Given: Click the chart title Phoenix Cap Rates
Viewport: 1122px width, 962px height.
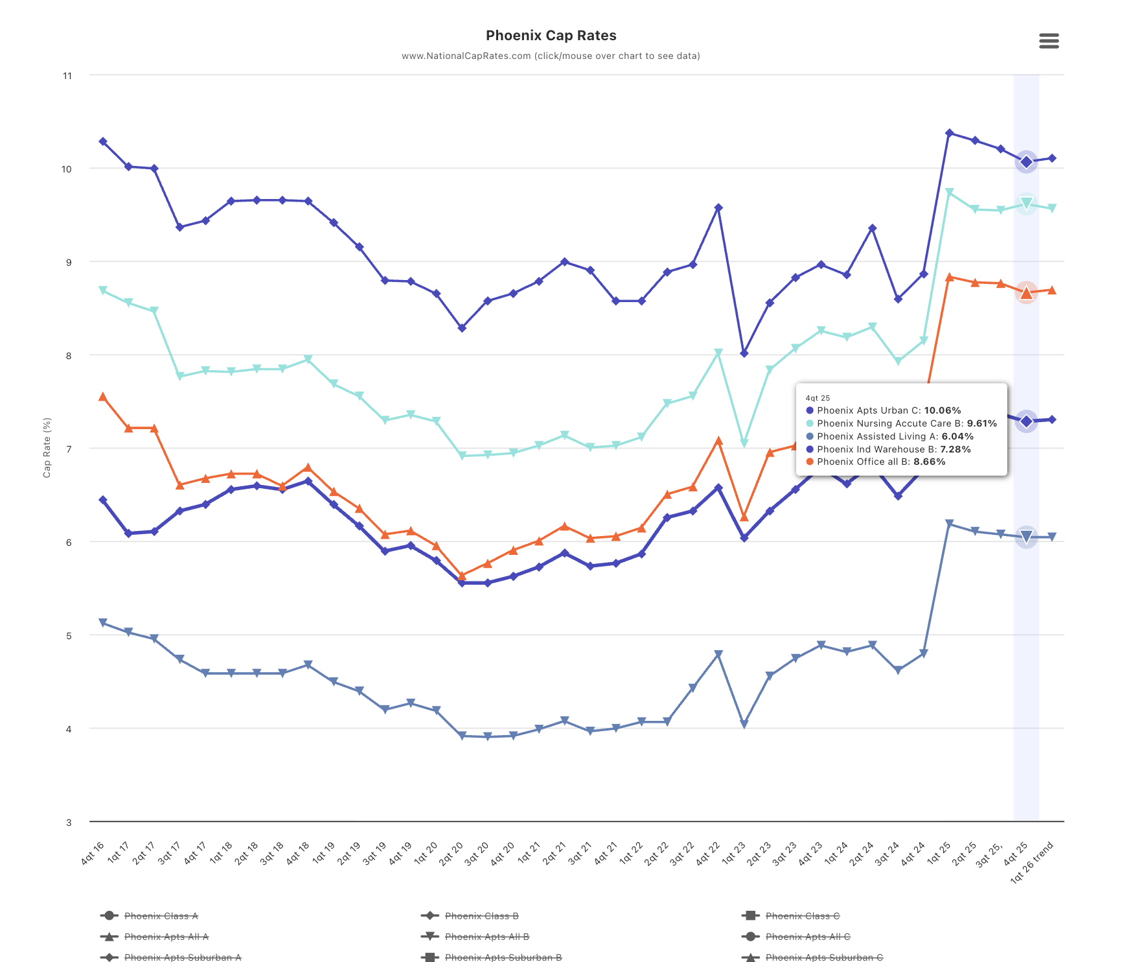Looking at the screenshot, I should (x=551, y=36).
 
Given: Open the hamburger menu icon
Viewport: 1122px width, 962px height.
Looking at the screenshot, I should (x=1049, y=41).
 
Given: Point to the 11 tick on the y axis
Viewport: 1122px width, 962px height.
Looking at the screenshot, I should (x=67, y=76).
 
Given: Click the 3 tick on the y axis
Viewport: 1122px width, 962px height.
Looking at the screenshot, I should (x=68, y=823).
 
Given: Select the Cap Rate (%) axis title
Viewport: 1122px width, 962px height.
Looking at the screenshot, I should (x=47, y=448).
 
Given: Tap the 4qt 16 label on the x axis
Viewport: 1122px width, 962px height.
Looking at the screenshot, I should (x=93, y=852).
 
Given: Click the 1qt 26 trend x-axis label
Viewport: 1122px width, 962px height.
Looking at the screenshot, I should (x=1033, y=862).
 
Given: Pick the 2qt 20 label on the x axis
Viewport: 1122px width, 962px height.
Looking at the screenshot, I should (x=451, y=853).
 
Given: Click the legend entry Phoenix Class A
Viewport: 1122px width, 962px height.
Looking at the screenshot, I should (x=161, y=916).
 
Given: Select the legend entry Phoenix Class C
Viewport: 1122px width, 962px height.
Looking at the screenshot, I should (x=802, y=916).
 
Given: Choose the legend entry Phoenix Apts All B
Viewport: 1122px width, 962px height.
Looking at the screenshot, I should (x=487, y=937).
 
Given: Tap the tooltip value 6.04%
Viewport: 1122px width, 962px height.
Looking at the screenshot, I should (x=957, y=436).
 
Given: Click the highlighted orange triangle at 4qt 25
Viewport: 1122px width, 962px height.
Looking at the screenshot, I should (x=1026, y=293).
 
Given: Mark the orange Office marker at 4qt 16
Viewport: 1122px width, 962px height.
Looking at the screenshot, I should (x=103, y=397).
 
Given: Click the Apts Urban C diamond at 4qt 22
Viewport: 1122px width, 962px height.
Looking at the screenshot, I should (x=718, y=208).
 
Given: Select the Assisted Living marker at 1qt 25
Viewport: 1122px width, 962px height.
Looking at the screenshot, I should (x=949, y=524).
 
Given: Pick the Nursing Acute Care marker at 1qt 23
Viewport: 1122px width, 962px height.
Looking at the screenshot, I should (x=744, y=443).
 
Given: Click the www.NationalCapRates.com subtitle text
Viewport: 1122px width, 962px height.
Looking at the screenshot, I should (x=551, y=56).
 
